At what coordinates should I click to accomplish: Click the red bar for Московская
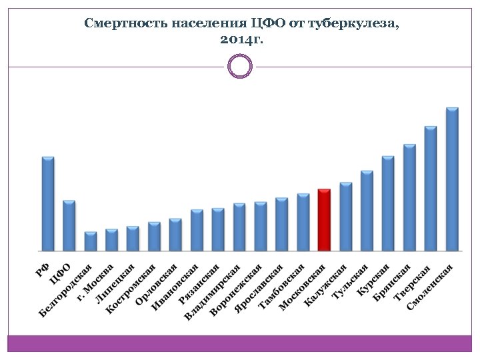click(324, 220)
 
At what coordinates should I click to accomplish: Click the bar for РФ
click(48, 203)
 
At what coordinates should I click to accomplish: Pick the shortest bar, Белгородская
click(91, 241)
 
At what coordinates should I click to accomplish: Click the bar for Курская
click(388, 203)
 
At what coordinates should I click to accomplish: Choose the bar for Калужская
click(345, 217)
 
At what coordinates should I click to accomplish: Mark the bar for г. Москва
click(112, 240)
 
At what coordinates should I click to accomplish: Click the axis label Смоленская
click(430, 286)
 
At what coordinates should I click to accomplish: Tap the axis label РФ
click(42, 269)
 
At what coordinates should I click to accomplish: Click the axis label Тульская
click(351, 281)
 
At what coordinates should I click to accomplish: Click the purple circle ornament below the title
click(240, 66)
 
